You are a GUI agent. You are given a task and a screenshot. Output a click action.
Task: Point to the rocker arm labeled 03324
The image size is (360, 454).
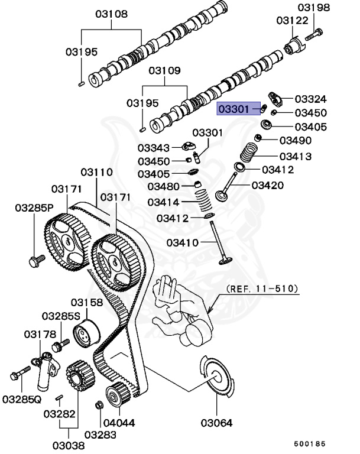[277, 98]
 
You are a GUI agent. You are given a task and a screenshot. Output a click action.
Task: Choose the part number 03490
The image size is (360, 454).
[295, 140]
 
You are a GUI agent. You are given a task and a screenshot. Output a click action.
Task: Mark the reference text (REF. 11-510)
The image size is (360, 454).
[262, 290]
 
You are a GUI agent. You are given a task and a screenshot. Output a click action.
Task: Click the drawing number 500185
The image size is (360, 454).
[311, 443]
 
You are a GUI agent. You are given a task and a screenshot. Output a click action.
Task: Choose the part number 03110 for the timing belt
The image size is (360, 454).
[96, 172]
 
